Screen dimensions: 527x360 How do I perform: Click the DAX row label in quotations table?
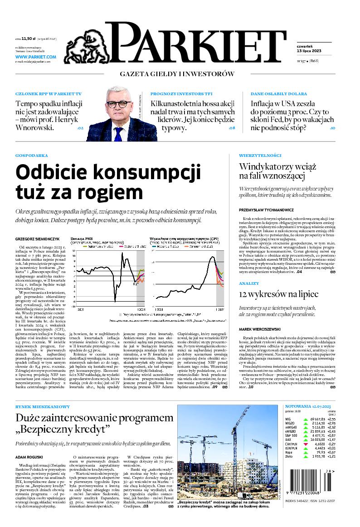[x=288, y=439]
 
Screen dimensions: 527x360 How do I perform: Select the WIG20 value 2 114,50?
[x=318, y=423]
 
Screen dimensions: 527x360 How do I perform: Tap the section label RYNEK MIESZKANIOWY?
[x=43, y=407]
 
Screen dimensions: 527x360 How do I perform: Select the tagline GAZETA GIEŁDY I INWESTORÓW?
[x=177, y=74]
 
